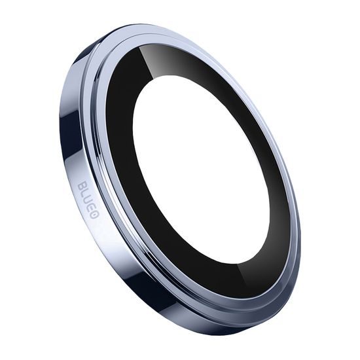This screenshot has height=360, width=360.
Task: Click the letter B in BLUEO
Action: [81, 187]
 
